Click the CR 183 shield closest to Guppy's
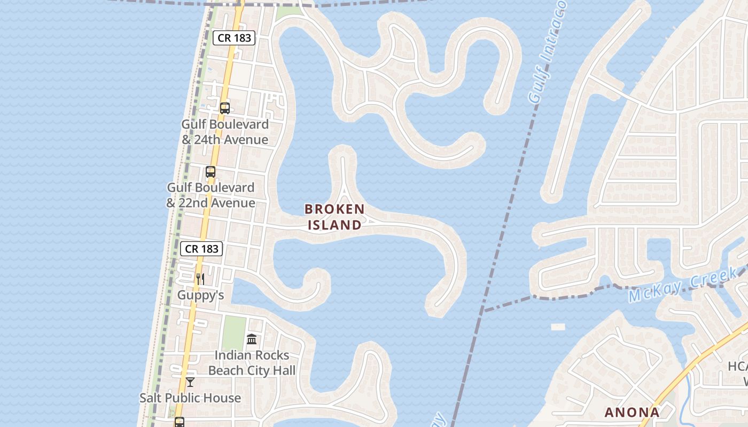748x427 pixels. (201, 248)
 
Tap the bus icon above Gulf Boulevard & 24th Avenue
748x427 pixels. (225, 108)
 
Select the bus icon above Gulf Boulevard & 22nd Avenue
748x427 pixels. (211, 172)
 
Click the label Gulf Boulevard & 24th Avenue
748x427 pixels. (225, 132)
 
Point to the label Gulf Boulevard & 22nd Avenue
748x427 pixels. (211, 195)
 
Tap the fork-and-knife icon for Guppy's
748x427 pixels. (200, 279)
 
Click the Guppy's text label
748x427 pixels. (200, 295)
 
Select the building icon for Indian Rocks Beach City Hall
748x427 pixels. (252, 339)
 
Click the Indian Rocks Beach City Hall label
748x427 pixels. (252, 363)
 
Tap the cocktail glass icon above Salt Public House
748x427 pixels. (190, 382)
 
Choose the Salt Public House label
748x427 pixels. (190, 398)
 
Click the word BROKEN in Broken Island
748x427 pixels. (334, 209)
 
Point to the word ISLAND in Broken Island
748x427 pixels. (334, 225)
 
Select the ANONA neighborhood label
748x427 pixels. (632, 412)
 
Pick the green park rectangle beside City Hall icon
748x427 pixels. (233, 333)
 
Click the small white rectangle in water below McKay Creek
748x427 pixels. (558, 327)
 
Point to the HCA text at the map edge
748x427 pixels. (738, 367)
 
